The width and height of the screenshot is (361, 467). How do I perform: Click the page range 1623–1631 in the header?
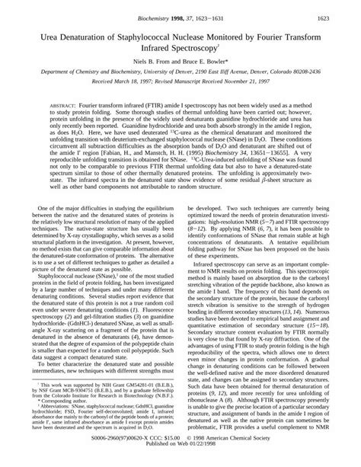pyautogui.click(x=203, y=14)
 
